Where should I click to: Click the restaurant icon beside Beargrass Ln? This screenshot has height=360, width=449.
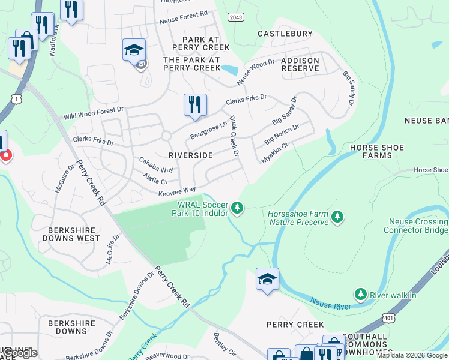pos(195,104)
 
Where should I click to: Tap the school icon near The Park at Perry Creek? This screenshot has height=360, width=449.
pos(134,50)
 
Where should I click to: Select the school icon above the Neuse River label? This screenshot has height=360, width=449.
pos(267,279)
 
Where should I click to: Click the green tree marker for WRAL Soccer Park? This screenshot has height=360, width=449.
pos(238,208)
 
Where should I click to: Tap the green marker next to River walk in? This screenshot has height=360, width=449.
pos(360,295)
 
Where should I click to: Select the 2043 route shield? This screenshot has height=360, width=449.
pos(237,17)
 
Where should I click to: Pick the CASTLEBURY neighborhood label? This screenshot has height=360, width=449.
pos(285,34)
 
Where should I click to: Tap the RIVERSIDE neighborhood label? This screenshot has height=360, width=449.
pos(191,155)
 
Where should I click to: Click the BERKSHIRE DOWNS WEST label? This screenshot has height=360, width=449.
pos(71,233)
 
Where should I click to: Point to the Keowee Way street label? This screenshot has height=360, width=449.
pos(177,191)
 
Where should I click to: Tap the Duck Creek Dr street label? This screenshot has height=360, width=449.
pos(234,136)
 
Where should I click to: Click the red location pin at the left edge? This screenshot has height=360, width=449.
pos(5,155)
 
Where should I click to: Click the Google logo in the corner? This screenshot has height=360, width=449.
pos(19,354)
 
